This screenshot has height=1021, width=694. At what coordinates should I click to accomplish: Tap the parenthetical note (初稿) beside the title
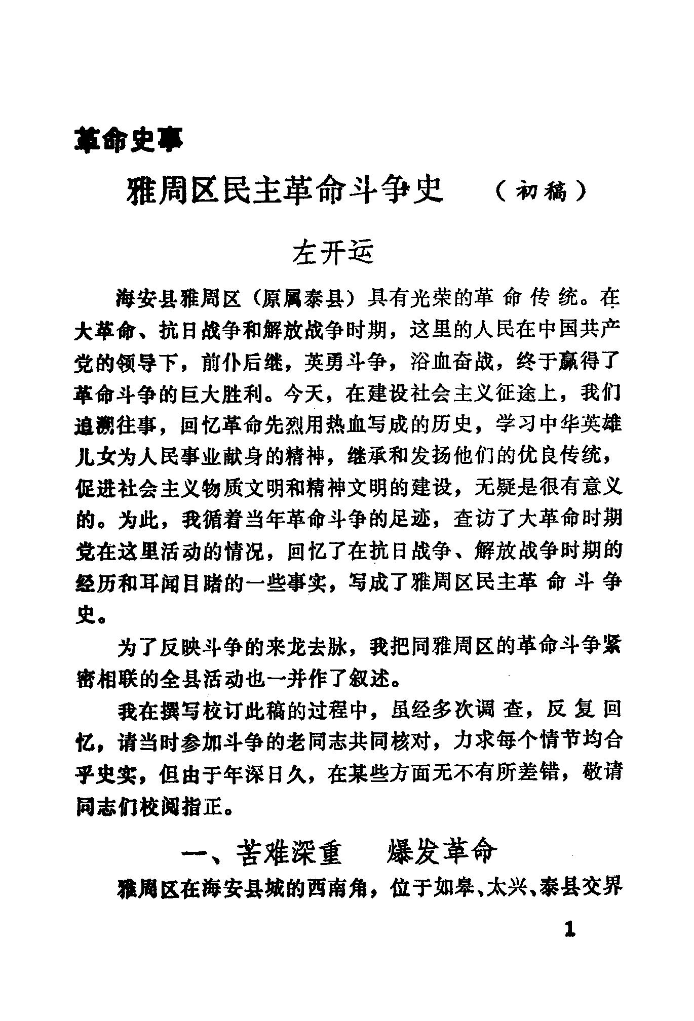tap(541, 192)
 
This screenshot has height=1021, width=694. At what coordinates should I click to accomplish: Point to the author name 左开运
tap(332, 253)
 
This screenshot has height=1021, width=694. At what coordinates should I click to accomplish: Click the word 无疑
tap(495, 489)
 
